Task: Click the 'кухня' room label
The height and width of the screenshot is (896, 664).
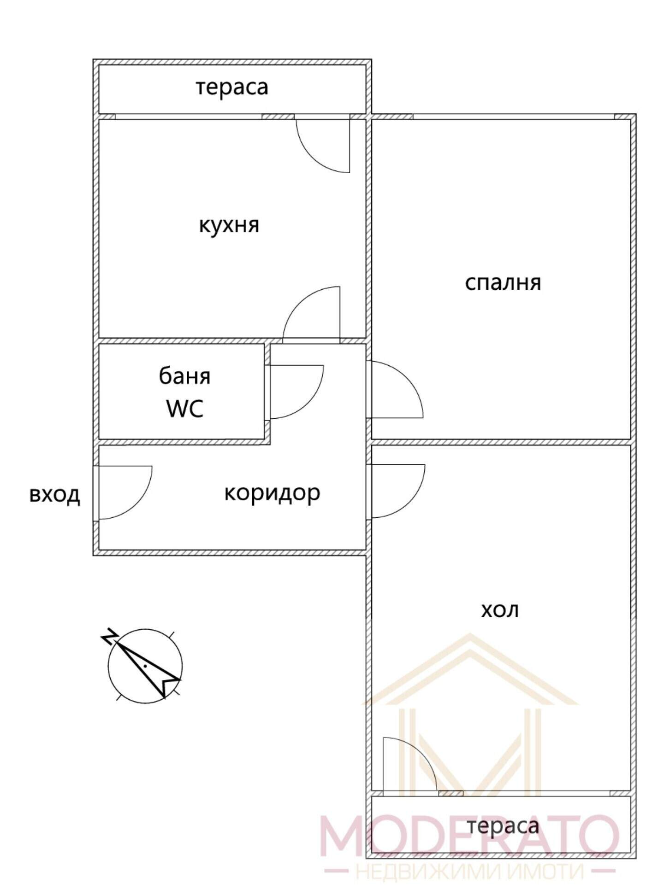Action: click(x=229, y=226)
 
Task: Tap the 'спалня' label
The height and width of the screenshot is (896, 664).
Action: click(x=503, y=282)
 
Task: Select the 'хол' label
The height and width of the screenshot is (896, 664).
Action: click(x=500, y=610)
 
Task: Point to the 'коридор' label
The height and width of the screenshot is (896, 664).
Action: click(x=272, y=493)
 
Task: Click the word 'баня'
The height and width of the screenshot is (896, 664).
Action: click(x=184, y=376)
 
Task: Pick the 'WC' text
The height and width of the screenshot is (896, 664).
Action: click(x=184, y=408)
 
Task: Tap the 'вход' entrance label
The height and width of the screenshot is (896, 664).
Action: click(x=54, y=495)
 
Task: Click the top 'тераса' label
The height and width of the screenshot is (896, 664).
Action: click(x=232, y=87)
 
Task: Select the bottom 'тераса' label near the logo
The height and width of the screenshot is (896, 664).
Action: click(x=503, y=826)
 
